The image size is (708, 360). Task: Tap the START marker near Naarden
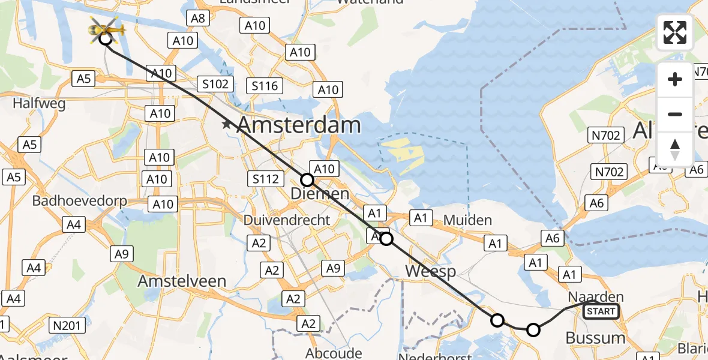coord(601,311)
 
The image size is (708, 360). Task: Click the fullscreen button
coord(675,32)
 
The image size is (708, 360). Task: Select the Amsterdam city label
coord(299,125)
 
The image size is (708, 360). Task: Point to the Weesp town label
coord(430,271)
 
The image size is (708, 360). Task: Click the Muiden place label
coord(467,221)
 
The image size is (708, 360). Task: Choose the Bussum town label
coord(595,338)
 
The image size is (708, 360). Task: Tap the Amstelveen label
coord(182,281)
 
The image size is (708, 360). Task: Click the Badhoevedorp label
coord(80,200)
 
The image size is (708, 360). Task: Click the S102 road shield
coord(215,84)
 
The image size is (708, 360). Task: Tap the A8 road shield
coord(199,18)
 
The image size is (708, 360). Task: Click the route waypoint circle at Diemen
coord(307,179)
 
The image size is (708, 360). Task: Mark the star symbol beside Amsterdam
coord(227,125)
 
